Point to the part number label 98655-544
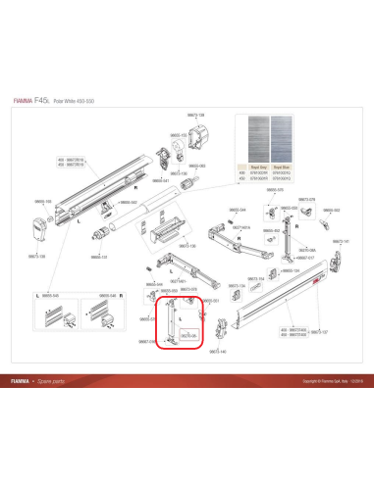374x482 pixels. [x=250, y=209]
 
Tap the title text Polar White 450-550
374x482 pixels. [x=97, y=101]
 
